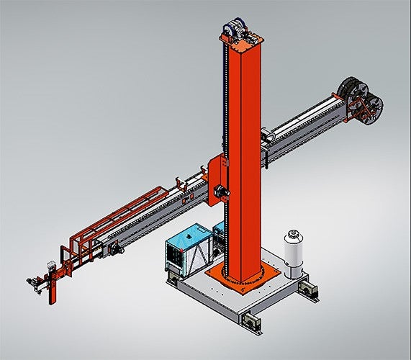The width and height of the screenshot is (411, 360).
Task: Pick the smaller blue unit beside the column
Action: (x=218, y=234)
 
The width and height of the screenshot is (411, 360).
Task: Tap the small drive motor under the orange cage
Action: (x=113, y=248)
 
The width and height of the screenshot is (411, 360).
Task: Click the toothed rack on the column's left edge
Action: (x=227, y=144)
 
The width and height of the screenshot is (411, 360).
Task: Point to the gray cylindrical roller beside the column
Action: (x=268, y=135)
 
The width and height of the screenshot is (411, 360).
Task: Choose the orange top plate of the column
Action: (x=238, y=42)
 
